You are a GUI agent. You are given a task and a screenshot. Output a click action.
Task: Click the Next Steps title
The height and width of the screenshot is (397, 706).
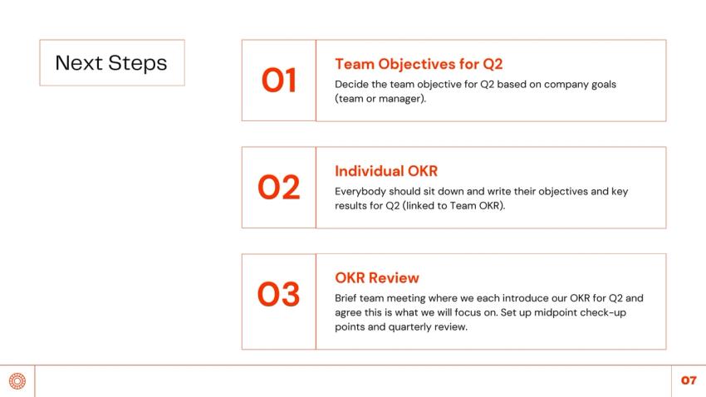click(111, 63)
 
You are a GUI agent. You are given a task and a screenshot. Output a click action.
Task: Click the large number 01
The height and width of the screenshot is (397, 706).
click(279, 81)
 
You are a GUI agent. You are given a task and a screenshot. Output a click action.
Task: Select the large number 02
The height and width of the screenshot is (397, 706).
click(279, 187)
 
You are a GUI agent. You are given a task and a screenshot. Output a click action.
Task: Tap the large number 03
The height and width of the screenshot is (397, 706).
click(279, 294)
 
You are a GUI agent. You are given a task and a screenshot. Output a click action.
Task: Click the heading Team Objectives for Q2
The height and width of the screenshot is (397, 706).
click(419, 64)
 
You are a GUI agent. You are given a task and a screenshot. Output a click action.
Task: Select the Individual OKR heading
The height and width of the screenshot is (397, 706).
click(386, 171)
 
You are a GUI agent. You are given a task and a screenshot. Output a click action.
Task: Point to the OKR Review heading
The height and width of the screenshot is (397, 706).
click(377, 277)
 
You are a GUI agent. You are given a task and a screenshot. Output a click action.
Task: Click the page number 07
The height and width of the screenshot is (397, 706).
click(689, 380)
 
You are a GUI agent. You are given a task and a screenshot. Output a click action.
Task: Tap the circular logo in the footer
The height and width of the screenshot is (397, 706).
click(17, 380)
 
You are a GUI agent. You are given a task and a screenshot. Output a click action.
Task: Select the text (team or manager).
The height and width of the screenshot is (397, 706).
click(380, 99)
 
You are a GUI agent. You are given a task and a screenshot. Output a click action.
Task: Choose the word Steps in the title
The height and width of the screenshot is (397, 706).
click(138, 63)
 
